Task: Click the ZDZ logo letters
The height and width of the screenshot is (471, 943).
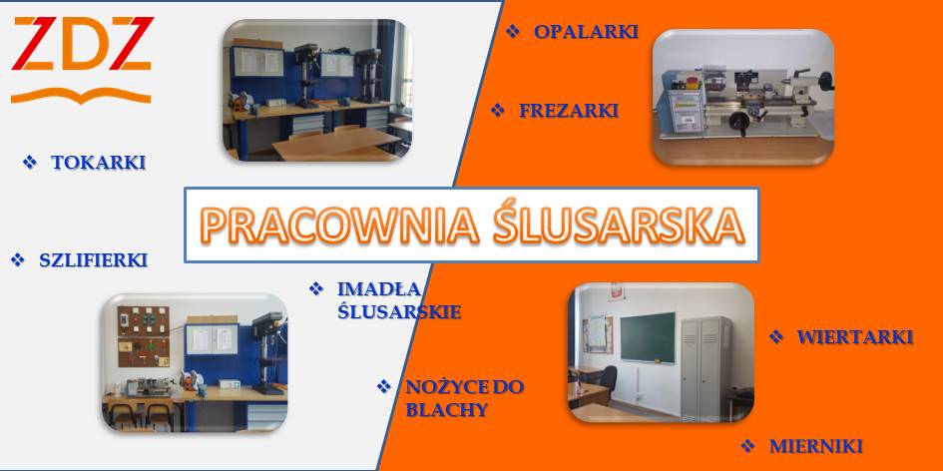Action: pyautogui.click(x=83, y=43)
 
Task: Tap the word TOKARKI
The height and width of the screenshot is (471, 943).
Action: pyautogui.click(x=99, y=163)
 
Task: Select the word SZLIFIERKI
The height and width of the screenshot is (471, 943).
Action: pyautogui.click(x=93, y=259)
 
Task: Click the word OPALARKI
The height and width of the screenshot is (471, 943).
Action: pyautogui.click(x=586, y=31)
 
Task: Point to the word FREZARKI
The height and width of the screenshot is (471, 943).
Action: pyautogui.click(x=569, y=111)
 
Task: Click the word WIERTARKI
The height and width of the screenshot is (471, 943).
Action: pyautogui.click(x=855, y=337)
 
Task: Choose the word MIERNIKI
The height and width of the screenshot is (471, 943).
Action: pyautogui.click(x=816, y=446)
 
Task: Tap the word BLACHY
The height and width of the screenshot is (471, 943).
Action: pyautogui.click(x=446, y=410)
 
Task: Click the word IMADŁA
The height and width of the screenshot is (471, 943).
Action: pyautogui.click(x=379, y=288)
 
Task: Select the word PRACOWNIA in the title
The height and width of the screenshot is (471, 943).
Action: pyautogui.click(x=340, y=226)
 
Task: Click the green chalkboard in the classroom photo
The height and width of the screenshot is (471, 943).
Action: pyautogui.click(x=647, y=337)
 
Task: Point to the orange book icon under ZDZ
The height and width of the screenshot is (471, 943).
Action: pyautogui.click(x=81, y=96)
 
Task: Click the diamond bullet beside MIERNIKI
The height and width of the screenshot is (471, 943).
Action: pyautogui.click(x=747, y=446)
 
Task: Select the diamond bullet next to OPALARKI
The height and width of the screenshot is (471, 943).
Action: pyautogui.click(x=512, y=31)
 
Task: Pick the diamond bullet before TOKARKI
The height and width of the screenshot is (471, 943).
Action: pyautogui.click(x=30, y=162)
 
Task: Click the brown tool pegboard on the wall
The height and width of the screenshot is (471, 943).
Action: pyautogui.click(x=143, y=336)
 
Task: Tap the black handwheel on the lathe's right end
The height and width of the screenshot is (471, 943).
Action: pyautogui.click(x=826, y=81)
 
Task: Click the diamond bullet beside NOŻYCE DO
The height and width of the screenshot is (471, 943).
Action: pyautogui.click(x=384, y=386)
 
